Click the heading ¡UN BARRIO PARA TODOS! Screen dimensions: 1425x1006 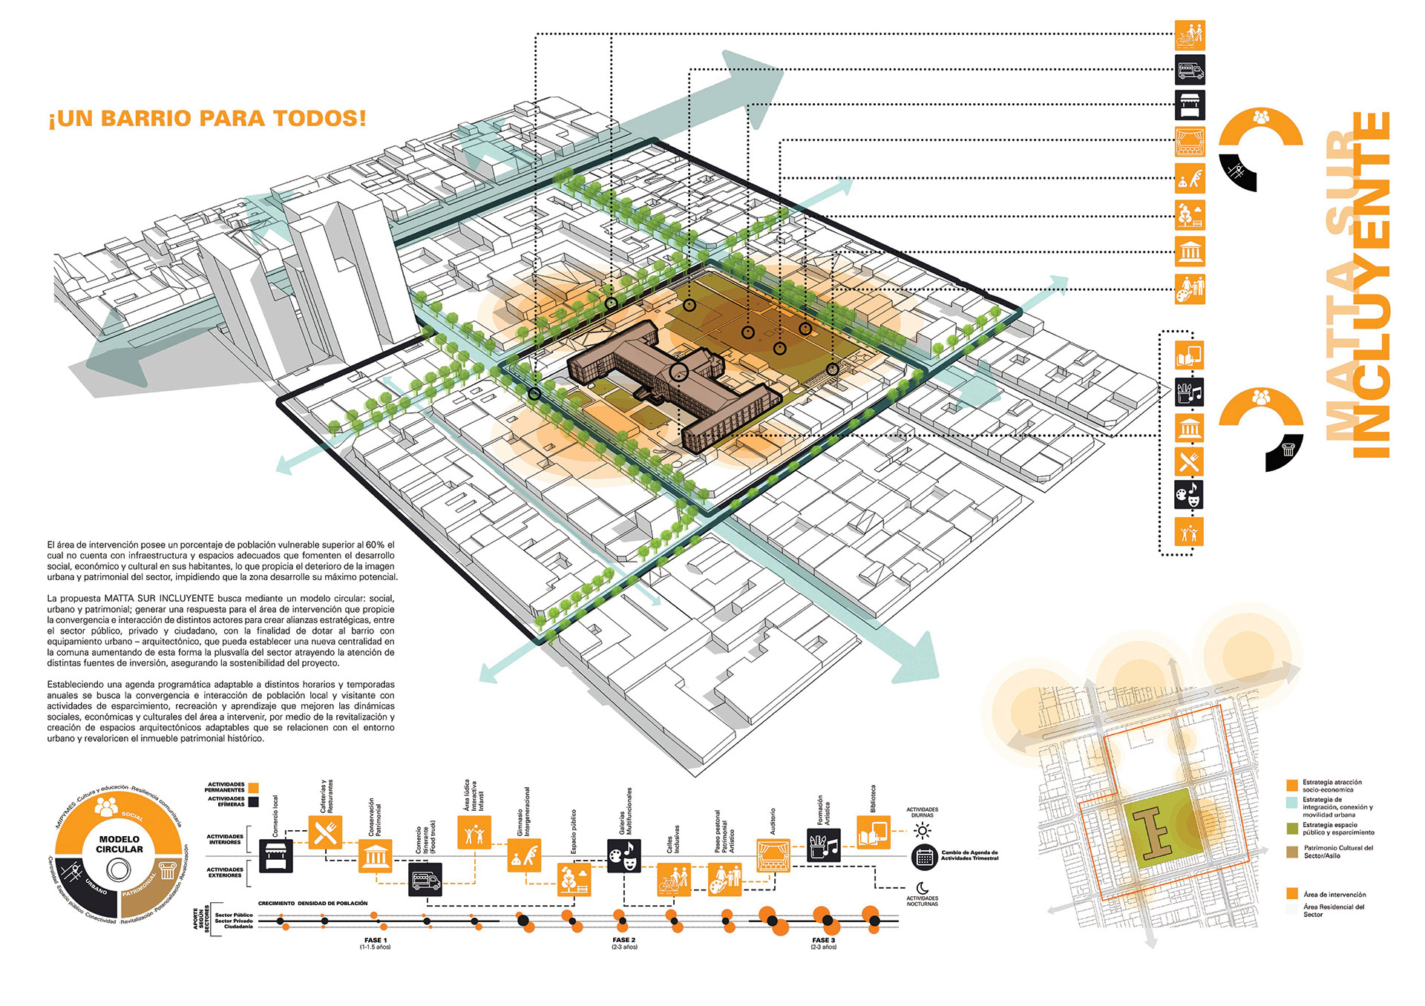pyautogui.click(x=207, y=119)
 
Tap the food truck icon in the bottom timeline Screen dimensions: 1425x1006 pyautogui.click(x=425, y=880)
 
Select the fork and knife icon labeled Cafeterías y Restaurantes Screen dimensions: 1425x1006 pyautogui.click(x=325, y=832)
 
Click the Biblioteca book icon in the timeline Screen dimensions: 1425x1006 pyautogui.click(x=874, y=832)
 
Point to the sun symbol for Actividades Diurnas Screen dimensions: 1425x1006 pyautogui.click(x=923, y=830)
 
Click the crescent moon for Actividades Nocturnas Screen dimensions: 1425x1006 pyautogui.click(x=922, y=887)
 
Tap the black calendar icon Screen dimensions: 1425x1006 pyautogui.click(x=924, y=858)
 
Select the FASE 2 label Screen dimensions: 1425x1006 pyautogui.click(x=624, y=940)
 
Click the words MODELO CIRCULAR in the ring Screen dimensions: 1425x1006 pyautogui.click(x=119, y=844)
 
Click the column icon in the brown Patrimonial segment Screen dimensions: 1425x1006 pyautogui.click(x=168, y=869)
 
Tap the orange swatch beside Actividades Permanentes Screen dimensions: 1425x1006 pyautogui.click(x=254, y=787)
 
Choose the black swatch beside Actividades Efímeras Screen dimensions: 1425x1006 pyautogui.click(x=254, y=801)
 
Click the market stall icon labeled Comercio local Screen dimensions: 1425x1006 pyautogui.click(x=276, y=855)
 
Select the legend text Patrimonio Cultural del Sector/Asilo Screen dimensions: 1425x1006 pyautogui.click(x=1337, y=851)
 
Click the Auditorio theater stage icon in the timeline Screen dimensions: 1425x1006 pyautogui.click(x=773, y=855)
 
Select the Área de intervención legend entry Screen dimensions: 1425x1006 pyautogui.click(x=1334, y=894)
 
